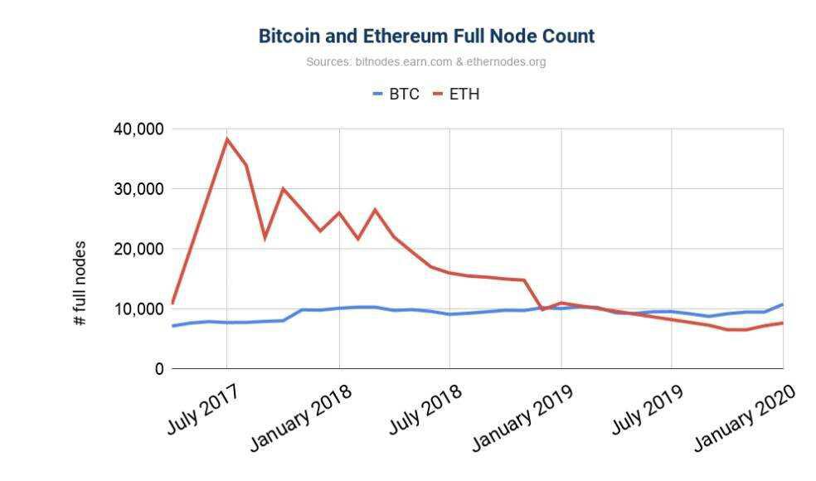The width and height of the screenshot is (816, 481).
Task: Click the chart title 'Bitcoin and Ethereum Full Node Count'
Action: tap(426, 36)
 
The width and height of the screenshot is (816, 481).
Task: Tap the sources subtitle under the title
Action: tap(425, 61)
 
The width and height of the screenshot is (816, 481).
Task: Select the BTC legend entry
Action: tap(396, 94)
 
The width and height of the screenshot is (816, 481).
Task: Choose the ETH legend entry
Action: tap(457, 94)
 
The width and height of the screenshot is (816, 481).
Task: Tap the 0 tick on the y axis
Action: tap(157, 368)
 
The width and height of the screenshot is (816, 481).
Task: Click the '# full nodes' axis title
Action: tap(80, 282)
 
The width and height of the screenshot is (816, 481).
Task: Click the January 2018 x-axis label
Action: tap(300, 417)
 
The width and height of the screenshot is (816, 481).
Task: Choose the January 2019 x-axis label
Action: tap(522, 417)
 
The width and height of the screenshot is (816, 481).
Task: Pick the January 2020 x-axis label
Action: tap(745, 417)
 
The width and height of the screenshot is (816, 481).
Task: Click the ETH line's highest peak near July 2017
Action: tap(226, 139)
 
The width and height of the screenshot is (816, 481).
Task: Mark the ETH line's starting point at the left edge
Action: tap(172, 303)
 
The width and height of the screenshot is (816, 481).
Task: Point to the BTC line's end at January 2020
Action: tap(782, 304)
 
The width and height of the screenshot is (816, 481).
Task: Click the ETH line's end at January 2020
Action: tap(782, 323)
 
